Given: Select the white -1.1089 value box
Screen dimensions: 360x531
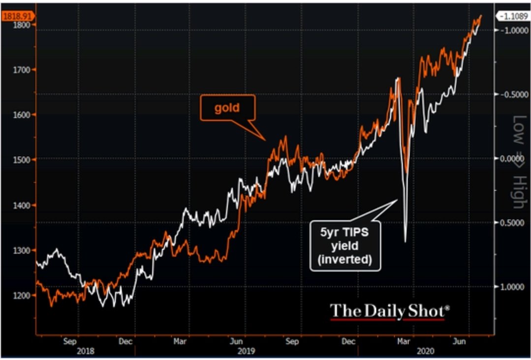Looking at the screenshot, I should pos(513,16).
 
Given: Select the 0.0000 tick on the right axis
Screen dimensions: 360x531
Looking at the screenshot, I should pos(510,159).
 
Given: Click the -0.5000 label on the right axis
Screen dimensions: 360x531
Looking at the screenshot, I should pos(510,95).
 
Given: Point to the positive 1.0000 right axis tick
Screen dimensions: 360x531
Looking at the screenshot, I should pos(510,287).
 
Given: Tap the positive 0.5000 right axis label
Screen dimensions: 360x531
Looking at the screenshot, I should pos(510,223).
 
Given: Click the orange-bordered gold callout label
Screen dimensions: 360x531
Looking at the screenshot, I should pos(227,107).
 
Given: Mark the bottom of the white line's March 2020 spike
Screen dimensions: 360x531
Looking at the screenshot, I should pos(406,241).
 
